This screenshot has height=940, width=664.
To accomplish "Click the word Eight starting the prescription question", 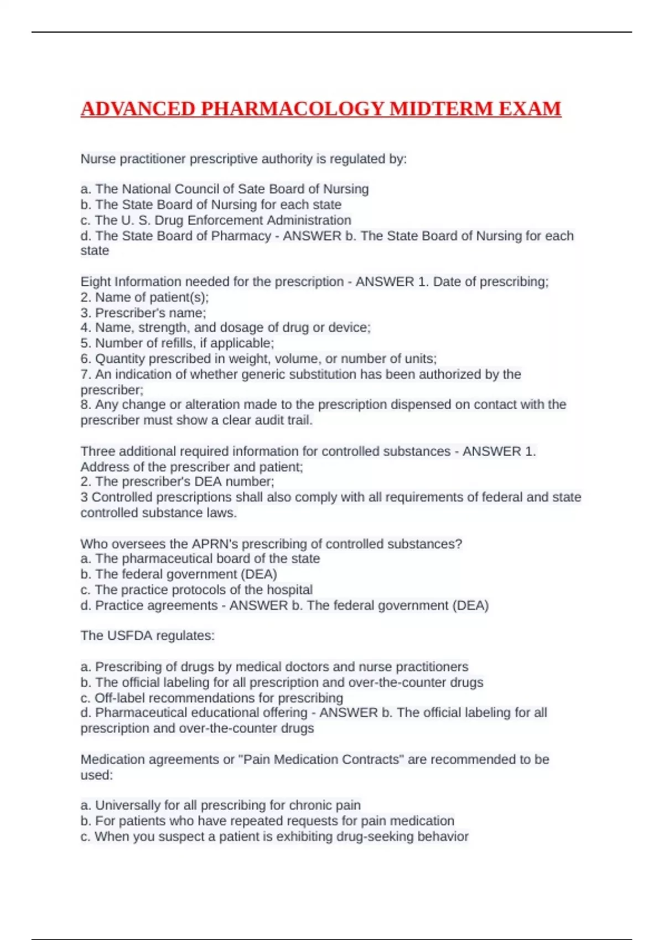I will (96, 282).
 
